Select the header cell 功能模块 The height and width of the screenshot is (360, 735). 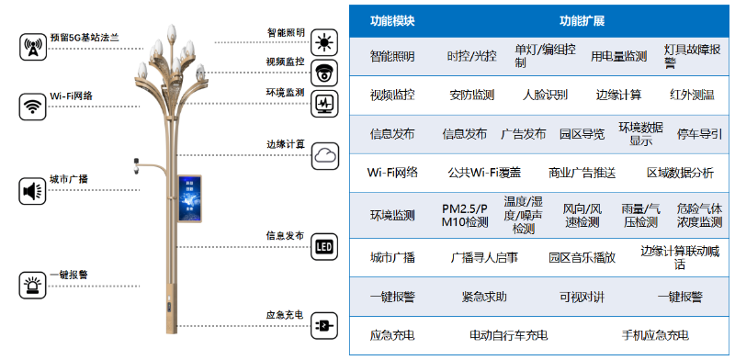(392, 20)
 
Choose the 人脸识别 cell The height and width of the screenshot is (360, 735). (545, 95)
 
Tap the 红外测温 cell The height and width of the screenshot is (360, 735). (692, 95)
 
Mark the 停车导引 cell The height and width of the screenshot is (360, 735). (699, 134)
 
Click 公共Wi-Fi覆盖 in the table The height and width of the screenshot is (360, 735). (484, 173)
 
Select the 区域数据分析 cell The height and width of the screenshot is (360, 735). (680, 173)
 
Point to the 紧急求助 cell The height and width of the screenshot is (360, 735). (484, 297)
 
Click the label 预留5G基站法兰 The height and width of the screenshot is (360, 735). (85, 38)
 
